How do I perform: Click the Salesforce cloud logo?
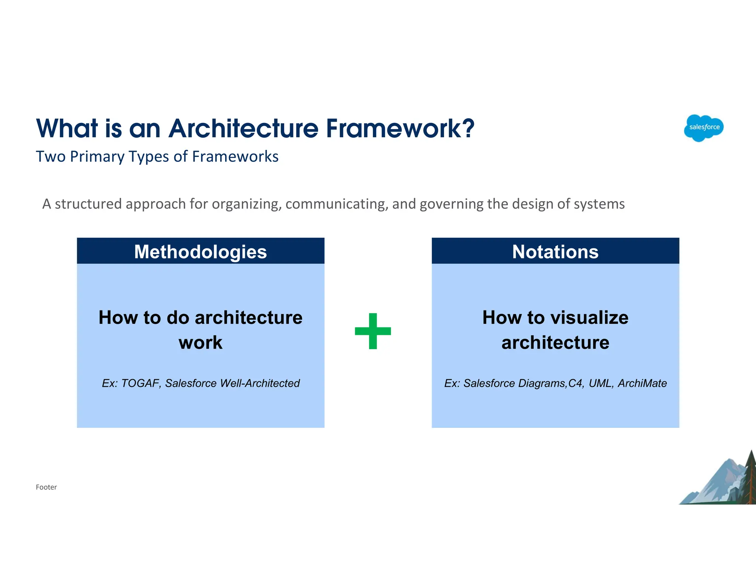click(x=704, y=128)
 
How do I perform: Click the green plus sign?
click(x=373, y=331)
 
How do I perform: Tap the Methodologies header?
click(x=200, y=252)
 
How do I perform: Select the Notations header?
click(x=555, y=252)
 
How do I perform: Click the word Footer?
click(x=46, y=487)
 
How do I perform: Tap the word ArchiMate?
click(x=642, y=383)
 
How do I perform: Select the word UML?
click(x=601, y=383)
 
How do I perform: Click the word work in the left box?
click(x=200, y=343)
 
